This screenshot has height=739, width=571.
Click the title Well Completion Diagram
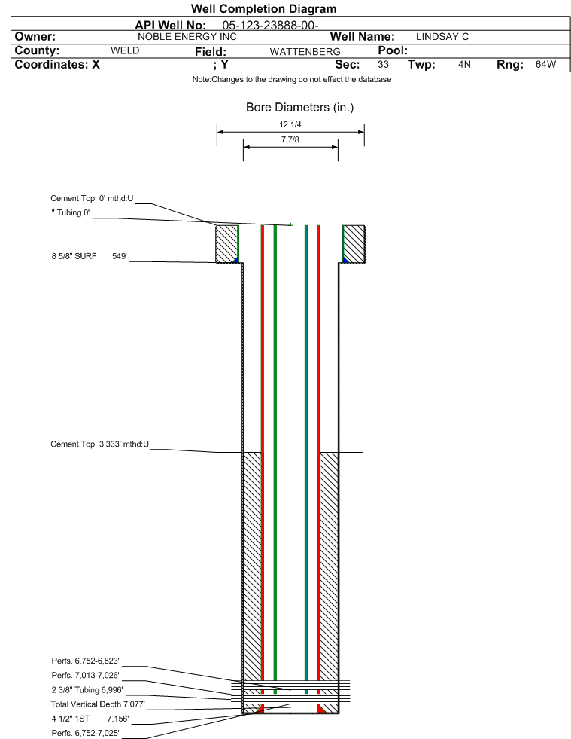tap(263, 8)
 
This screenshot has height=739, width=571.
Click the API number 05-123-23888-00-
tap(270, 26)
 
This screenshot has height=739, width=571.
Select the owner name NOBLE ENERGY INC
tap(187, 37)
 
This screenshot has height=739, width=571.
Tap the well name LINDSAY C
tap(442, 37)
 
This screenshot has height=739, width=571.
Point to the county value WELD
tap(125, 50)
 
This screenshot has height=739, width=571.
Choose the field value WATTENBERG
tap(305, 51)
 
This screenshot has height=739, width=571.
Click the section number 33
tap(383, 64)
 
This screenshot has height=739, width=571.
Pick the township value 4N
tap(464, 64)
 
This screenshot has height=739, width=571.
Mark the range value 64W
tap(545, 64)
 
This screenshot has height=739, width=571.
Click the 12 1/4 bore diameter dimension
tap(290, 124)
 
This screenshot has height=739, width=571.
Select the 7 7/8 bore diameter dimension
tap(290, 139)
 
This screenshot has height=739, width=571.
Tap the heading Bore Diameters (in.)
tap(299, 108)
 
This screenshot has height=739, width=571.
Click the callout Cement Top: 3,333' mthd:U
tap(100, 444)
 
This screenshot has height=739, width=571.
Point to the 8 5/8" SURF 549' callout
tap(90, 256)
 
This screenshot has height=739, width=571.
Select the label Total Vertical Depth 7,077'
tap(98, 704)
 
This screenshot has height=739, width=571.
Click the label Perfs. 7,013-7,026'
tap(85, 676)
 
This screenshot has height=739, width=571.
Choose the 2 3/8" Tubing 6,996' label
tap(87, 690)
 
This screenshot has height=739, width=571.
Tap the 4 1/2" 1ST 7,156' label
tap(90, 719)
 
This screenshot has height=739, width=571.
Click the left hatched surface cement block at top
tap(227, 244)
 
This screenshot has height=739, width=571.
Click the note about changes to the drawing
tap(291, 79)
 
